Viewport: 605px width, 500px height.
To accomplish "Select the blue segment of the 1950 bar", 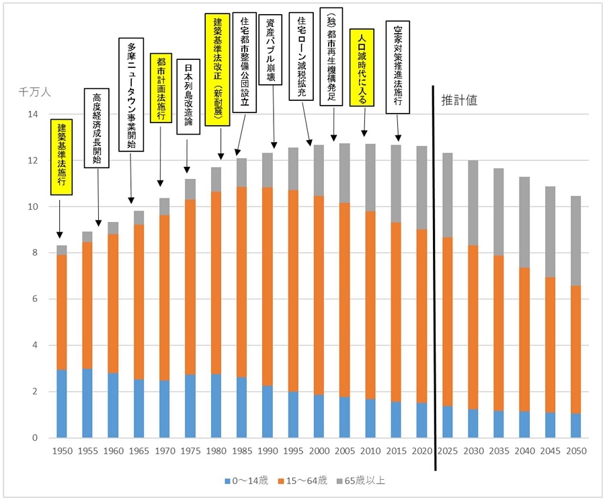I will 62,404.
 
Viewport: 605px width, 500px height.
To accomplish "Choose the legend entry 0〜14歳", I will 248,480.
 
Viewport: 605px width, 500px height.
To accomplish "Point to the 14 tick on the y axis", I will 32,114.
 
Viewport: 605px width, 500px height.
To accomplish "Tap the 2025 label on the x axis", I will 447,452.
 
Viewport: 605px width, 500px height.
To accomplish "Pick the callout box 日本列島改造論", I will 188,96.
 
